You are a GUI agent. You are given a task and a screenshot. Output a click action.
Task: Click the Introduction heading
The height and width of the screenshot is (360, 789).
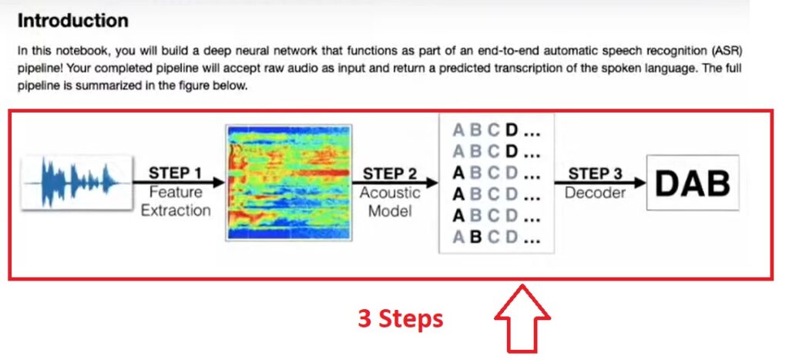73,21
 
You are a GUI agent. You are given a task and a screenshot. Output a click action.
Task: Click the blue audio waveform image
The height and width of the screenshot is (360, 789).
76,183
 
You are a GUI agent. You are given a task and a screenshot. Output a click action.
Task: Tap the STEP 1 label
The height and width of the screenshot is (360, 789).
175,173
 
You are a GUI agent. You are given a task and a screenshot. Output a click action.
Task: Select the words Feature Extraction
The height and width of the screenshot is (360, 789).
176,201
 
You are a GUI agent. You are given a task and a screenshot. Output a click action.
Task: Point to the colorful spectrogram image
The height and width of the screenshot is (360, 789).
288,183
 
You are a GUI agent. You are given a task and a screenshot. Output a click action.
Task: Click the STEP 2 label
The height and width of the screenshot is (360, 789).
390,173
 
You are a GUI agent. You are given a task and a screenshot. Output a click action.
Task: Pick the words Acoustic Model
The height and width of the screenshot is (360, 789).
390,201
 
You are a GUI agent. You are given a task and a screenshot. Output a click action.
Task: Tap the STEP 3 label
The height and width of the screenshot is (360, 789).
596,173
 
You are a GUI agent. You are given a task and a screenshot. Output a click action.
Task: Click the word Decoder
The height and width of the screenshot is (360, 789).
596,193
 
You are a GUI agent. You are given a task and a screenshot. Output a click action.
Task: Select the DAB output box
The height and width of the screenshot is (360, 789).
693,183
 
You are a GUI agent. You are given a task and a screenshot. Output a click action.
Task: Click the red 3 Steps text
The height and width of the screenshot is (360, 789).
401,318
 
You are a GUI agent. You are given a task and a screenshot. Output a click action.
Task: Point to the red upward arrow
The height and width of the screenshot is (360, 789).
522,318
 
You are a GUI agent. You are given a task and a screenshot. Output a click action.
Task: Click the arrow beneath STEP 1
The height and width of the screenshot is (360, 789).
179,182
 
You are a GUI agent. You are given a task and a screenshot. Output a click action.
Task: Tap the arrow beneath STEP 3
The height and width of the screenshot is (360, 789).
599,182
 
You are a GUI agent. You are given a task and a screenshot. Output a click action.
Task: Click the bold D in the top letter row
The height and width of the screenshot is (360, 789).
512,130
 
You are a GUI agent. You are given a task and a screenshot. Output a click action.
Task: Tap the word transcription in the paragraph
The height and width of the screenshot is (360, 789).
509,68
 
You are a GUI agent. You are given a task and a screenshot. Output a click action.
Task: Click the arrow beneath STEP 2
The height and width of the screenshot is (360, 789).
394,182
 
